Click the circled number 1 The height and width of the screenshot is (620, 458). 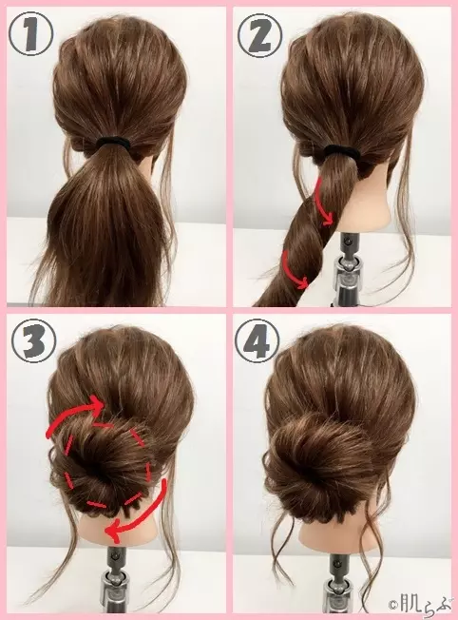coord(30,33)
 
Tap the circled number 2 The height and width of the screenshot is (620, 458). coord(259,35)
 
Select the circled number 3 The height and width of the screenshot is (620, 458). coord(33,340)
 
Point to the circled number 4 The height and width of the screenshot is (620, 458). coord(257,340)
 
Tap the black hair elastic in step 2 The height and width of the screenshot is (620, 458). coord(340,151)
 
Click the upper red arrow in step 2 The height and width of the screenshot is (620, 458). coord(324,203)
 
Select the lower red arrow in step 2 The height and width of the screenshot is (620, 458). coord(294,271)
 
